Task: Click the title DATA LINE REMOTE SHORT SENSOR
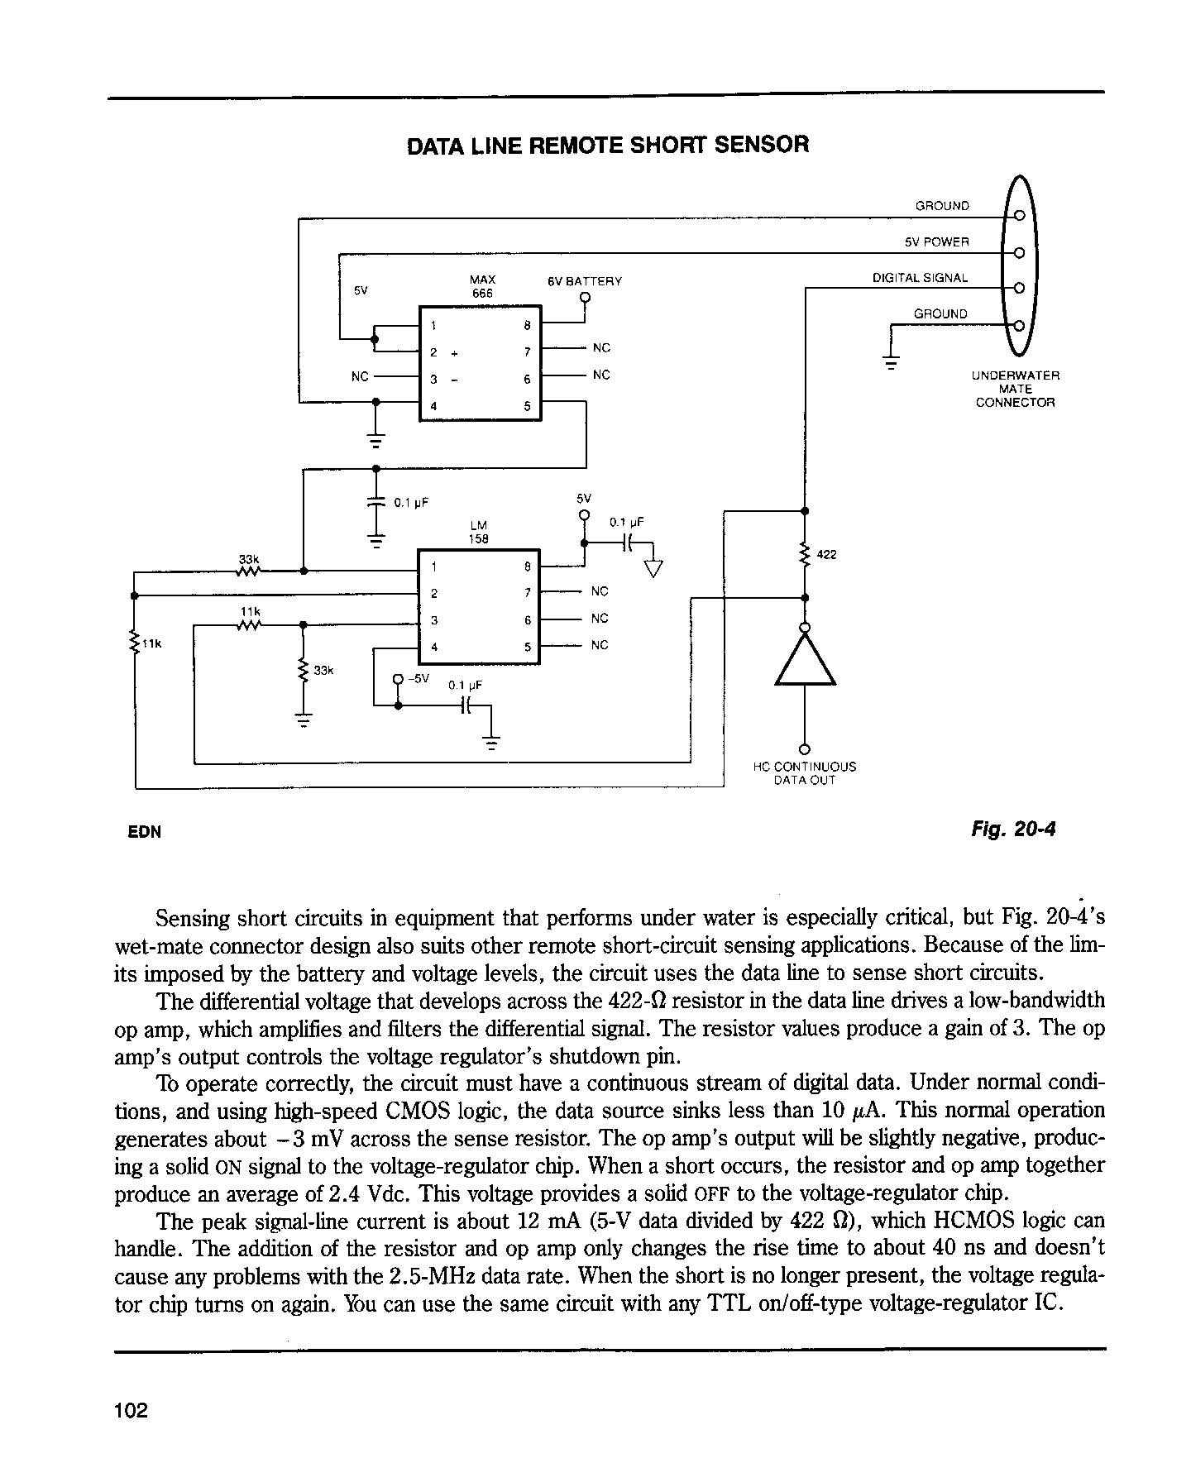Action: [x=608, y=146]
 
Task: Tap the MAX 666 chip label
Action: [x=482, y=287]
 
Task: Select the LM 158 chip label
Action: [x=479, y=532]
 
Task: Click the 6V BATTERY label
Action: [x=585, y=281]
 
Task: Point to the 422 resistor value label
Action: [x=827, y=554]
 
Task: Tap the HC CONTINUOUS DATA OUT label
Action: [x=805, y=773]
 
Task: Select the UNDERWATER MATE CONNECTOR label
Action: [x=1016, y=389]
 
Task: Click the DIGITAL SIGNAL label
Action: [x=921, y=278]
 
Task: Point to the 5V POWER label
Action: [x=936, y=242]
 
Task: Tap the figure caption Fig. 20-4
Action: [x=1014, y=829]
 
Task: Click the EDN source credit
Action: [x=145, y=832]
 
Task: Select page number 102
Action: [x=132, y=1410]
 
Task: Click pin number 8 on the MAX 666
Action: [x=527, y=326]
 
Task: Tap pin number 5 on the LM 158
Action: [x=527, y=648]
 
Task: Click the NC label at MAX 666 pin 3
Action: [x=360, y=376]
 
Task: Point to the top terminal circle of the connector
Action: [x=1019, y=216]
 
